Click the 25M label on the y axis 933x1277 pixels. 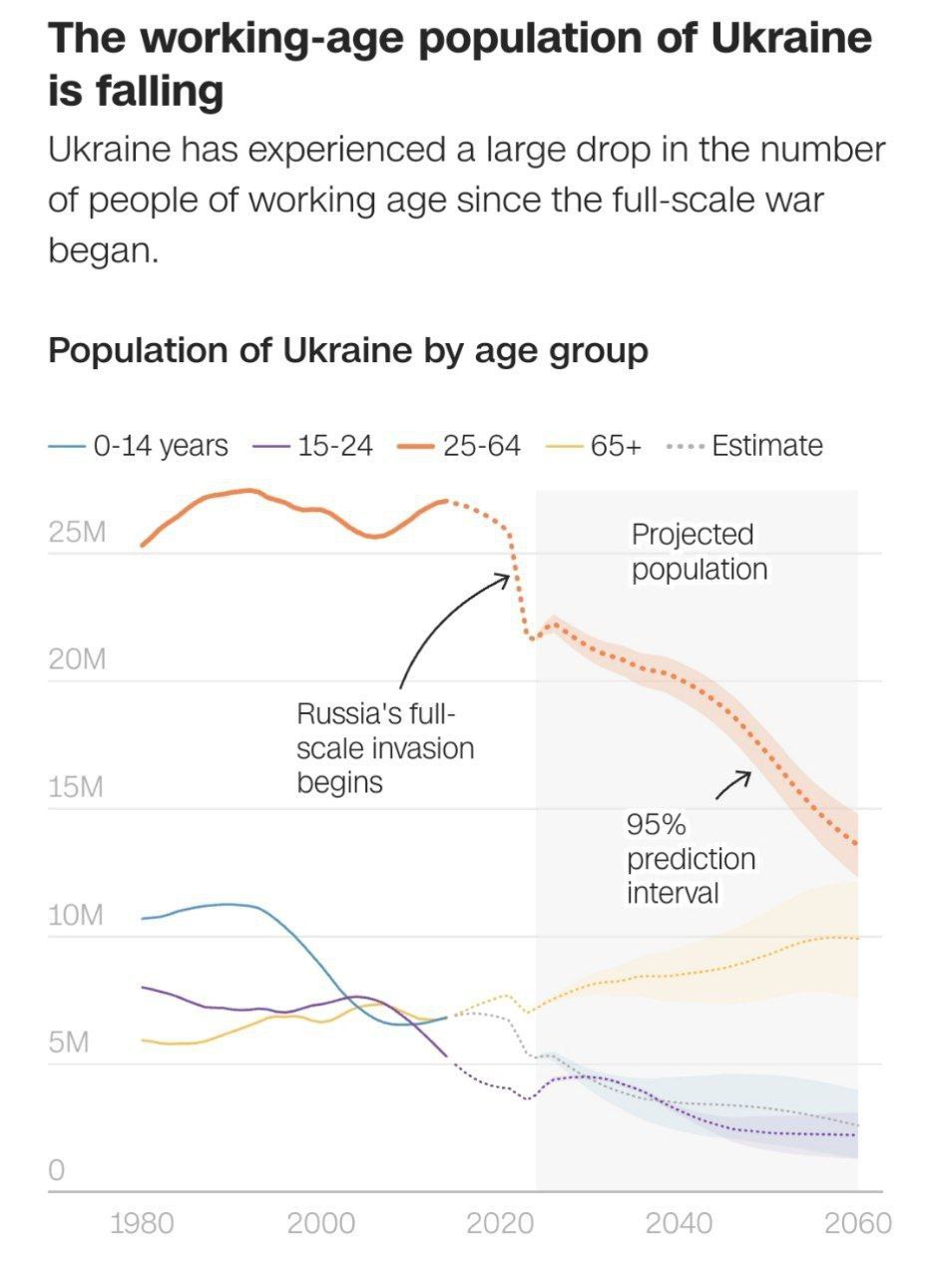click(x=77, y=533)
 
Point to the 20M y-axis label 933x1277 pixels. click(x=77, y=660)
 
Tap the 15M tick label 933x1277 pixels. click(x=77, y=788)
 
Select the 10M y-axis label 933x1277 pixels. click(x=77, y=916)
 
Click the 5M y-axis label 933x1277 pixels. click(x=70, y=1044)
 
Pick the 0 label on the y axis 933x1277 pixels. click(x=56, y=1170)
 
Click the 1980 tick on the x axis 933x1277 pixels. click(x=141, y=1222)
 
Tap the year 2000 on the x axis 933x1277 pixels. click(x=320, y=1222)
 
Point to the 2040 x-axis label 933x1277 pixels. click(x=679, y=1222)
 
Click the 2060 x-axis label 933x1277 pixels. click(x=857, y=1222)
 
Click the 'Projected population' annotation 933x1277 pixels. click(x=699, y=552)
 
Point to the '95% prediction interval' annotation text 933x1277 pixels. click(x=691, y=858)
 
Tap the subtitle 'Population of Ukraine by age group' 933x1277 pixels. click(x=348, y=351)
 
